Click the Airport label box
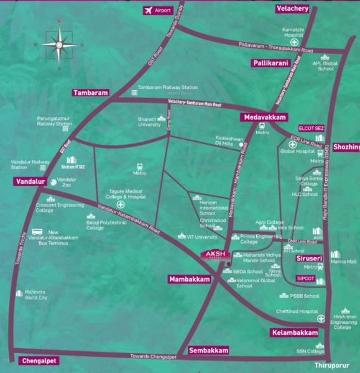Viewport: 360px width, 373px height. click(159, 11)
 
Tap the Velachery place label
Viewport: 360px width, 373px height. click(292, 8)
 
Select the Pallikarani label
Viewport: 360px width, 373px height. click(272, 63)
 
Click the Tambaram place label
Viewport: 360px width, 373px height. click(91, 93)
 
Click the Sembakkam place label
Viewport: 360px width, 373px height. click(209, 350)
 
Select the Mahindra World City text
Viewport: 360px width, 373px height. click(35, 295)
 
